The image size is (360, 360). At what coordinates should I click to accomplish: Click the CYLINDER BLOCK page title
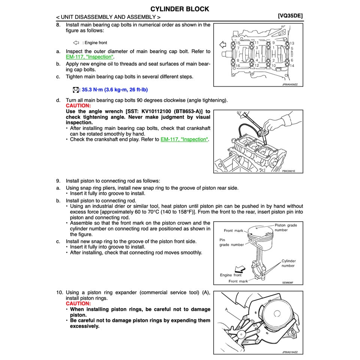[x=180, y=9]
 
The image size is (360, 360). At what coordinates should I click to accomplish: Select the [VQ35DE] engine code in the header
[x=290, y=16]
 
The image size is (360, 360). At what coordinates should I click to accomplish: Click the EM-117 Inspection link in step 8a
[x=90, y=57]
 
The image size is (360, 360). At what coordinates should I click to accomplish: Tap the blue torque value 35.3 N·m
[x=116, y=90]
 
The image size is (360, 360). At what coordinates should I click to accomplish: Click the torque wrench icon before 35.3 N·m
[x=75, y=90]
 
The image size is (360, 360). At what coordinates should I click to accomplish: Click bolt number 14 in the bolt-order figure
[x=292, y=66]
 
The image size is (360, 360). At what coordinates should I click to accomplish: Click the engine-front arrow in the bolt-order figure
[x=222, y=45]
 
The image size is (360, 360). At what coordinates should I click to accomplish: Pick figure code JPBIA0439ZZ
[x=289, y=85]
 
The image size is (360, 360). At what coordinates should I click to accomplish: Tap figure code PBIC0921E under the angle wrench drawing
[x=289, y=171]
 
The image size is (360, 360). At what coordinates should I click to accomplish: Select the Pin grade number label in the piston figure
[x=231, y=242]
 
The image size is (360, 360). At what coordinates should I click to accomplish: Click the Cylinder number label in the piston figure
[x=288, y=263]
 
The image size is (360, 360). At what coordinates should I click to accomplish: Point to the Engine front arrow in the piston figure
[x=238, y=269]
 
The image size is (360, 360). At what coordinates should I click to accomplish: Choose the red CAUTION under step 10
[x=78, y=303]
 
